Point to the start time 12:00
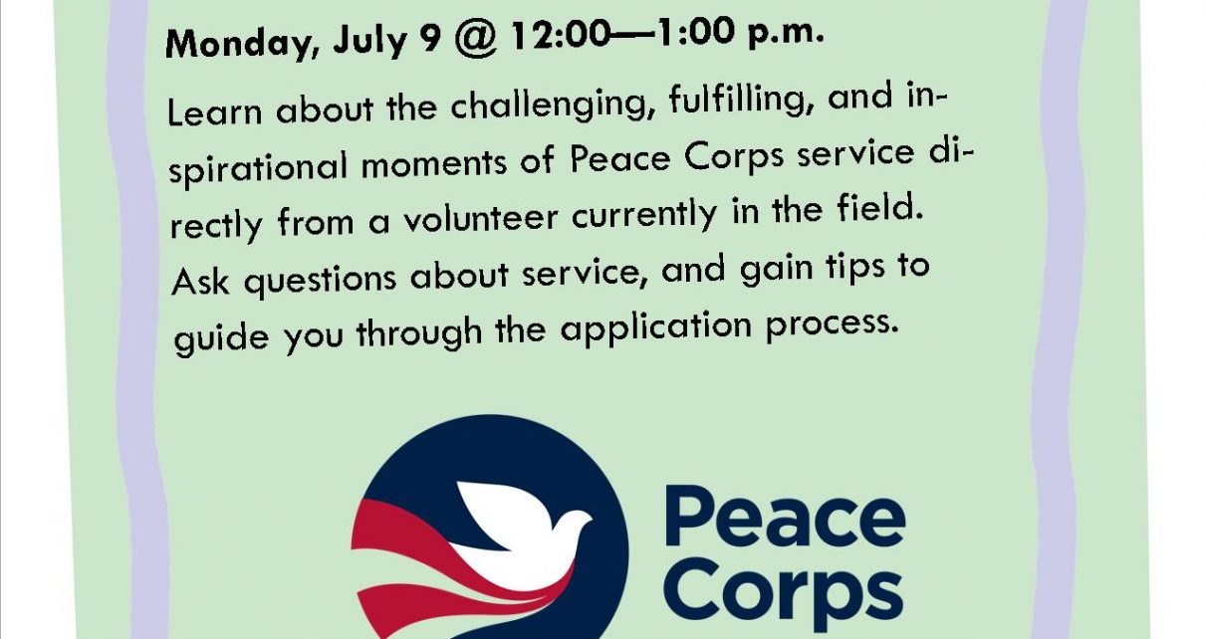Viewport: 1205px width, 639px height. [x=561, y=36]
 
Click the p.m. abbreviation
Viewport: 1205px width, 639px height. [x=787, y=35]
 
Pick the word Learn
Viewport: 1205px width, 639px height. [x=215, y=111]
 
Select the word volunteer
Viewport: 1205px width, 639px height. [x=481, y=217]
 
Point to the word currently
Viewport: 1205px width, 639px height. [x=644, y=214]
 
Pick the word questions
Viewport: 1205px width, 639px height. [x=320, y=279]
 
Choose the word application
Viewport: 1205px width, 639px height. [x=655, y=327]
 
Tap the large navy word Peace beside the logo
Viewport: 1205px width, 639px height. [x=785, y=516]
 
